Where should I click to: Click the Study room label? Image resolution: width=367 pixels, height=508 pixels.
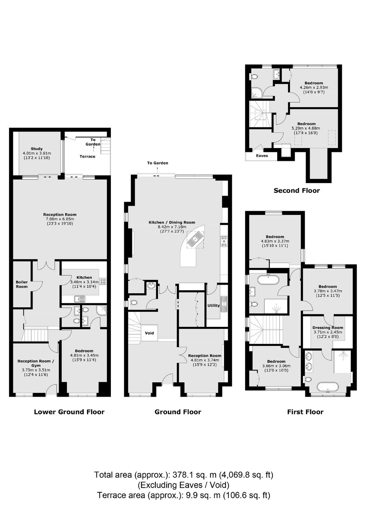click(37, 149)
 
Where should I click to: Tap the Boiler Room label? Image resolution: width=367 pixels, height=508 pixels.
click(22, 284)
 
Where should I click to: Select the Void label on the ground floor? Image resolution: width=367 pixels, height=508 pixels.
click(149, 333)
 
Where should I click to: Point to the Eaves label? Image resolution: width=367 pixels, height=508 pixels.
click(262, 155)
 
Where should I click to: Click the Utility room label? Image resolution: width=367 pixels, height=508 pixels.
click(214, 305)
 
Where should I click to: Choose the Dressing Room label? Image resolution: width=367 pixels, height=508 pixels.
click(328, 328)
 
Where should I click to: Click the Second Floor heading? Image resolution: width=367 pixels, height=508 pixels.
click(297, 191)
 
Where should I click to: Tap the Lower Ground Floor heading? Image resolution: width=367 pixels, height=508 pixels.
click(69, 412)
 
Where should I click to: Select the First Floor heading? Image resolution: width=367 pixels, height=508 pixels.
click(305, 412)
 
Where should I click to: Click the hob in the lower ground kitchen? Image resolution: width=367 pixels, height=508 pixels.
click(103, 281)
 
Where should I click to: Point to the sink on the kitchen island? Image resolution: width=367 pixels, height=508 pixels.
click(195, 239)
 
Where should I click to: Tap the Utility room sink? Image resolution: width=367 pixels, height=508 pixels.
click(224, 301)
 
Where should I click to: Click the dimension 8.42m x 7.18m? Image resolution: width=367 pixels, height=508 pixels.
click(172, 227)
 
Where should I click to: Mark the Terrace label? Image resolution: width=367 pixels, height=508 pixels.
click(87, 156)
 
